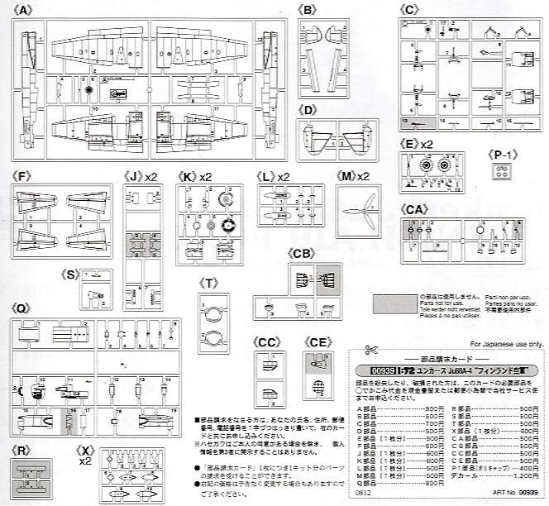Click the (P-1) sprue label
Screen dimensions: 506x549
pos(501,153)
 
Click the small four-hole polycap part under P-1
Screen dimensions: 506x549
pos(501,172)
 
